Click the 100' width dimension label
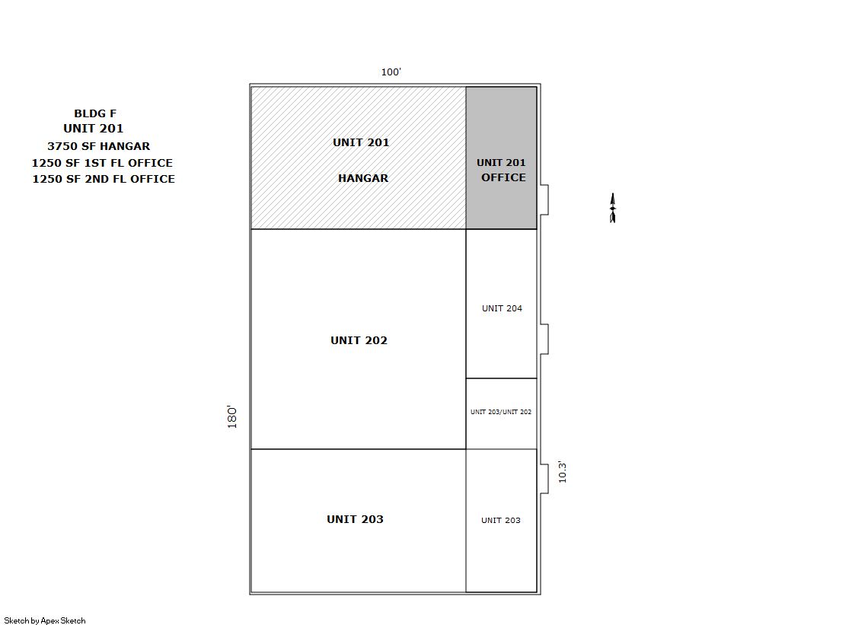click(x=391, y=72)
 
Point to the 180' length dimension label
click(x=232, y=417)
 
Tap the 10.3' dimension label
click(x=563, y=472)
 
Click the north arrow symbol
click(x=612, y=208)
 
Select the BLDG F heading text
click(x=95, y=113)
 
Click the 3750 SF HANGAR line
click(x=98, y=146)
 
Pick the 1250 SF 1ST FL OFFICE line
click(x=102, y=163)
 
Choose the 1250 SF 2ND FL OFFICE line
click(x=104, y=179)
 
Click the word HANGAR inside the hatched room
click(x=363, y=178)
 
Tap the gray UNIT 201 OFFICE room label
click(x=502, y=170)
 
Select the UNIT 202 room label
click(x=359, y=340)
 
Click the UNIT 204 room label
click(x=502, y=308)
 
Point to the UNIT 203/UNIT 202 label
click(x=501, y=412)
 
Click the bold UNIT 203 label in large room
click(x=355, y=519)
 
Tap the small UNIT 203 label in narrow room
click(x=500, y=520)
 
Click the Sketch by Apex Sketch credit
click(x=45, y=620)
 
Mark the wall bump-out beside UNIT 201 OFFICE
click(x=544, y=200)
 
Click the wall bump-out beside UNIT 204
click(x=544, y=339)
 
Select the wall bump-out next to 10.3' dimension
click(x=544, y=479)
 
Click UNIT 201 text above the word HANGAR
click(x=361, y=142)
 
